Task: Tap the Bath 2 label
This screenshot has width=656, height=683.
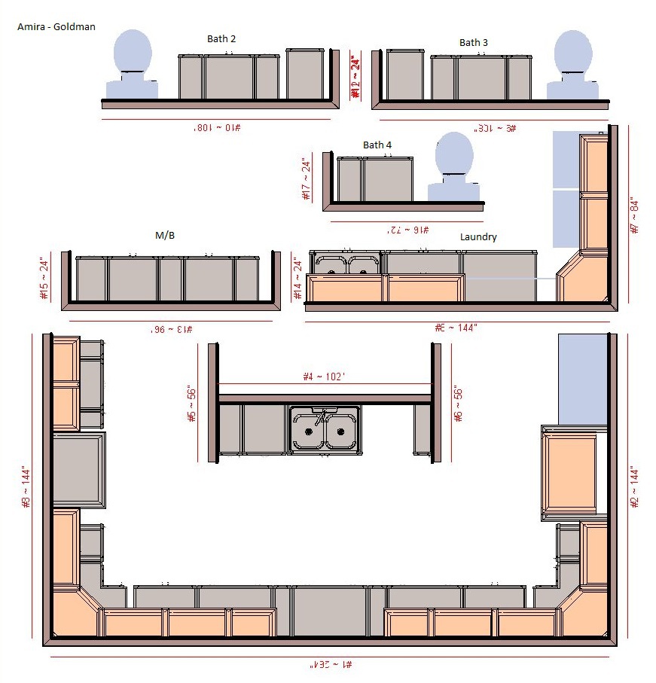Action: (222, 38)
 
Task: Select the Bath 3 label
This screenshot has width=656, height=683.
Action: (474, 43)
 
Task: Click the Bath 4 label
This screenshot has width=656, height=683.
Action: (377, 145)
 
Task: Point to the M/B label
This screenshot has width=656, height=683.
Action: (165, 236)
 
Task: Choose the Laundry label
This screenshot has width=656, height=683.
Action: (478, 237)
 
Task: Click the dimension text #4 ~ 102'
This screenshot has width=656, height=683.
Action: (324, 377)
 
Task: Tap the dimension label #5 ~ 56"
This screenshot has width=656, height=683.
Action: (191, 404)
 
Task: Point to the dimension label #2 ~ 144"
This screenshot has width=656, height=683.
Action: (634, 486)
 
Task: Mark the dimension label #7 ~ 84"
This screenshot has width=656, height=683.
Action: (634, 215)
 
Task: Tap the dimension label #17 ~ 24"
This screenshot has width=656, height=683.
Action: (306, 179)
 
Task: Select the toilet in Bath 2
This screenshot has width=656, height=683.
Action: (132, 64)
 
